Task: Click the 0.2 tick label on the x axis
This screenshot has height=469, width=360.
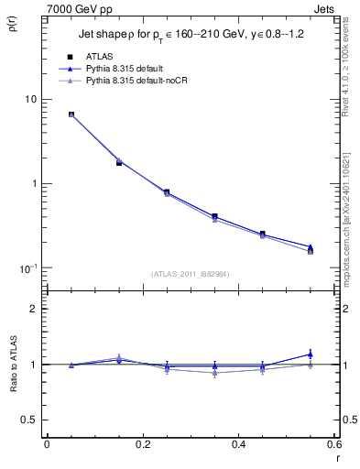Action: tap(142, 444)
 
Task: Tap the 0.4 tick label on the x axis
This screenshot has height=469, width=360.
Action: tap(238, 444)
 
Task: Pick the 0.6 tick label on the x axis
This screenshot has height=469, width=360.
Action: tap(333, 444)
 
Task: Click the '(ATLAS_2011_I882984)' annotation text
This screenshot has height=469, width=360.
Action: tap(190, 273)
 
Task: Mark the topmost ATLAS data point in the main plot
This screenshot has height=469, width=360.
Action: tap(71, 115)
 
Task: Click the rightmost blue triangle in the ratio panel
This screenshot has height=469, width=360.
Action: tap(311, 354)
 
